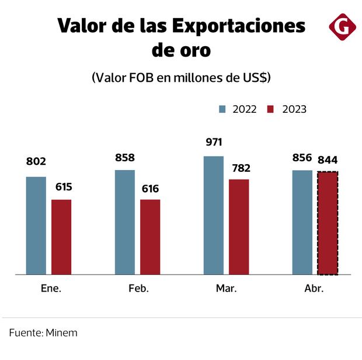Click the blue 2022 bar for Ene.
[36, 225]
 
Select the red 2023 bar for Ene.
[61, 237]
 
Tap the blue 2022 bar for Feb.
[124, 222]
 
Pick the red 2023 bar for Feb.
[150, 237]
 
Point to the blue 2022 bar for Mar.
[214, 215]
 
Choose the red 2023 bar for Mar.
[239, 227]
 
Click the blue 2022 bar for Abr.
[302, 222]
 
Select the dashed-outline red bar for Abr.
[328, 223]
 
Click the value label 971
[214, 143]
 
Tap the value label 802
[36, 162]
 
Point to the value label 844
[328, 160]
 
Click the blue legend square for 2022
[222, 109]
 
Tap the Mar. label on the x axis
[226, 289]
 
